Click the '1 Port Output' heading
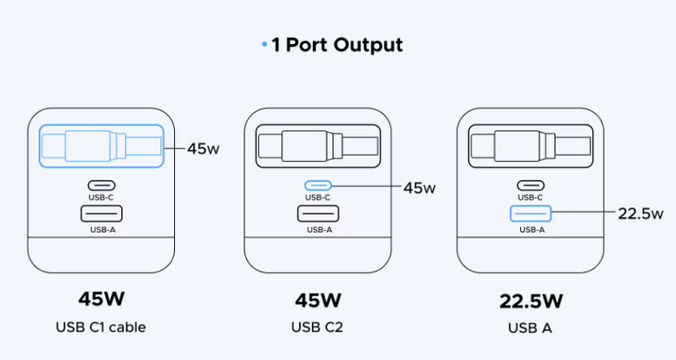point(337,45)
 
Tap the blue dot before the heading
point(264,45)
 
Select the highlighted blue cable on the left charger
point(101,146)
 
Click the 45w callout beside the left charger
point(203,148)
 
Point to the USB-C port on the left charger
point(101,186)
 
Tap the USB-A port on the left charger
point(101,213)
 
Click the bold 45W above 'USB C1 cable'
point(101,298)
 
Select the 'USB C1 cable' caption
point(101,327)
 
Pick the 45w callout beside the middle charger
point(419,187)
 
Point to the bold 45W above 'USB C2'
point(317,298)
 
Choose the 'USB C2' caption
point(317,327)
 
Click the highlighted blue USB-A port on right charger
point(530,213)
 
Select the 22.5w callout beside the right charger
point(641,214)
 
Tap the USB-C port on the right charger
point(530,186)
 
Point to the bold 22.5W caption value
point(530,299)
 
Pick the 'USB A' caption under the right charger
point(530,327)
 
